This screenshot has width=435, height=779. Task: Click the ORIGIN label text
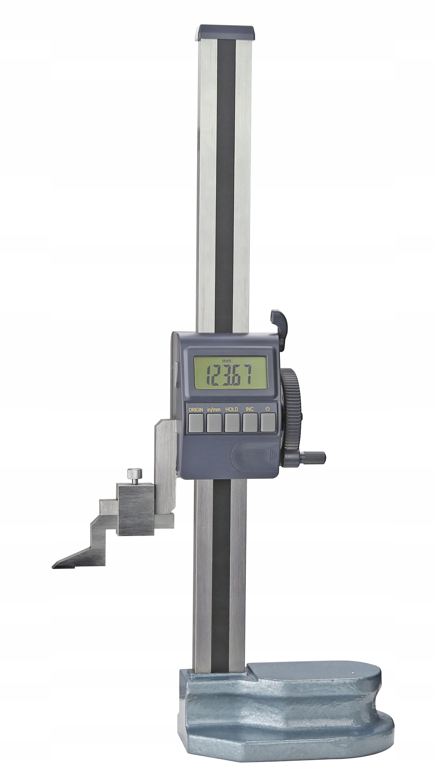point(195,409)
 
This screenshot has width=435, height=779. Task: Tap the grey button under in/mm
point(214,423)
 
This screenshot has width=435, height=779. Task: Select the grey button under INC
point(250,423)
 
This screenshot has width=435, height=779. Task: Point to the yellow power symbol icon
point(268,409)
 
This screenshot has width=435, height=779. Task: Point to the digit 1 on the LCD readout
point(209,375)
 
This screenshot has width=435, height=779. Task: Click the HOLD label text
point(231,409)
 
